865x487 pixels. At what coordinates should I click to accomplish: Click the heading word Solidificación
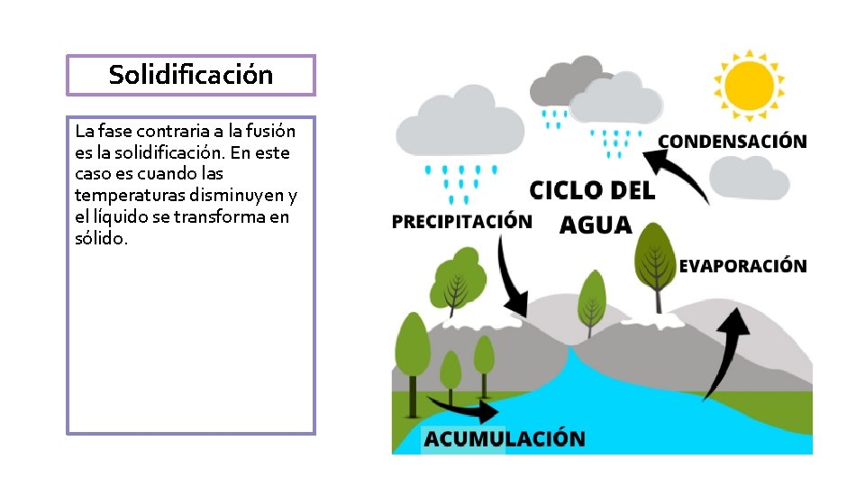click(190, 75)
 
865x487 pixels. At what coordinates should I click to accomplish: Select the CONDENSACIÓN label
click(732, 142)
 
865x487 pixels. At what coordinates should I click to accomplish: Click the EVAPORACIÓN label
click(742, 266)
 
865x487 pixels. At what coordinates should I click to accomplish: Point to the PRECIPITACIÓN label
click(461, 222)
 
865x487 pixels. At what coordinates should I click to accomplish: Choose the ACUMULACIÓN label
click(504, 439)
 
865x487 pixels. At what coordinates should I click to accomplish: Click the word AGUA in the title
click(596, 224)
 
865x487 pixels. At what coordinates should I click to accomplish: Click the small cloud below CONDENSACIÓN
click(750, 178)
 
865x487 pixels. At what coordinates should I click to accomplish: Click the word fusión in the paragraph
click(271, 131)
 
